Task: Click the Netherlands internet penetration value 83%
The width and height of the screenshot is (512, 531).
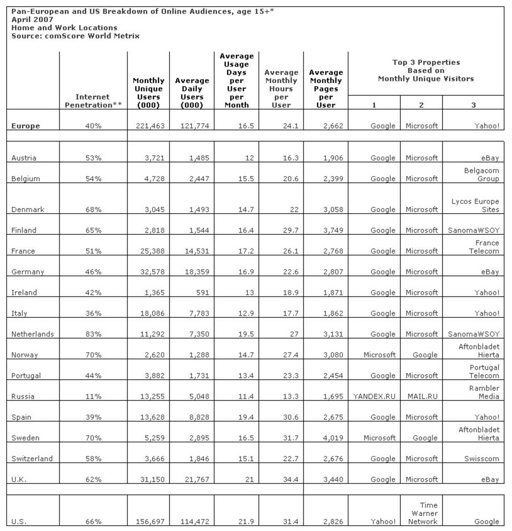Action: point(94,334)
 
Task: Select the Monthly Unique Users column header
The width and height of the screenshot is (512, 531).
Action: point(148,93)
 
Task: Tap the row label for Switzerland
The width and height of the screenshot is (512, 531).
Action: point(32,458)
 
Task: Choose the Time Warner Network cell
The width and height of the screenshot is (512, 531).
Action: point(422,513)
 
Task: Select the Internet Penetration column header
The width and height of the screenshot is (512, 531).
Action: point(93,101)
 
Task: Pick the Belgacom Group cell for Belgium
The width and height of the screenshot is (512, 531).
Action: point(481,175)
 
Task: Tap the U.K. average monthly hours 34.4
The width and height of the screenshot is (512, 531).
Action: point(289,479)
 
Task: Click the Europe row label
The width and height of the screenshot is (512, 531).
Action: point(26,126)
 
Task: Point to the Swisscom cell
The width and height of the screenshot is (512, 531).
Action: point(481,458)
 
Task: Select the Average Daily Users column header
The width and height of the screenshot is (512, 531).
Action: point(192,93)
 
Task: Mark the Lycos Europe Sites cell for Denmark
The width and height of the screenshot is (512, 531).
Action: point(475,205)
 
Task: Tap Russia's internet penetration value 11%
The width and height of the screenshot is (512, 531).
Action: point(94,396)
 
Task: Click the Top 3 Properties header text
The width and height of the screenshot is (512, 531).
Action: point(426,71)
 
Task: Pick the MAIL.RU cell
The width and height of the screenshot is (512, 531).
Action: point(422,396)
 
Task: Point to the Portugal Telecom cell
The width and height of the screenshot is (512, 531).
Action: point(484,371)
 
